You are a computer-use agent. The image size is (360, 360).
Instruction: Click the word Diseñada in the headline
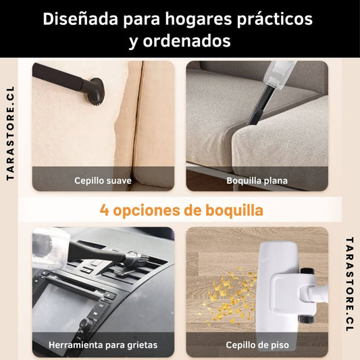pos(80,19)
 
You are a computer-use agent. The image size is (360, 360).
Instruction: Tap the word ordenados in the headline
pos(187,41)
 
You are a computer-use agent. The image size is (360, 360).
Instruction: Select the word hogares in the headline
pos(199,20)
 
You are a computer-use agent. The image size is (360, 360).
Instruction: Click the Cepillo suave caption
pos(103,181)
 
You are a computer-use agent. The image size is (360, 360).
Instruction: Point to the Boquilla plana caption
pos(257,181)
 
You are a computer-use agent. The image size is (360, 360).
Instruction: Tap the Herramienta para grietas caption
pos(103,345)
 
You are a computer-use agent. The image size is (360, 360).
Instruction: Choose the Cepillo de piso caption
pos(257,345)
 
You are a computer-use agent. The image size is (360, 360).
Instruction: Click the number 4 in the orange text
pos(105,210)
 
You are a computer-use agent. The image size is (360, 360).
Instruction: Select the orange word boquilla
pos(234,210)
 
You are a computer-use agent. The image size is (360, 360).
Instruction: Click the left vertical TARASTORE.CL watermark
pos(10,133)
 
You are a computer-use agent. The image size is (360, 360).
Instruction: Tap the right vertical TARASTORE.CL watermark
pos(349,284)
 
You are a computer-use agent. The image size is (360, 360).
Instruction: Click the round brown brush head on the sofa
pos(97,91)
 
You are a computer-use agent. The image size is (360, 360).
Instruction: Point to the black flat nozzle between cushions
pos(259,106)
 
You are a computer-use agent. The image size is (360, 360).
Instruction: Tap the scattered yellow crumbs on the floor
pos(230,297)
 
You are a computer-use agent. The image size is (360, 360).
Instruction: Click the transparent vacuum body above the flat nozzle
pos(279,74)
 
